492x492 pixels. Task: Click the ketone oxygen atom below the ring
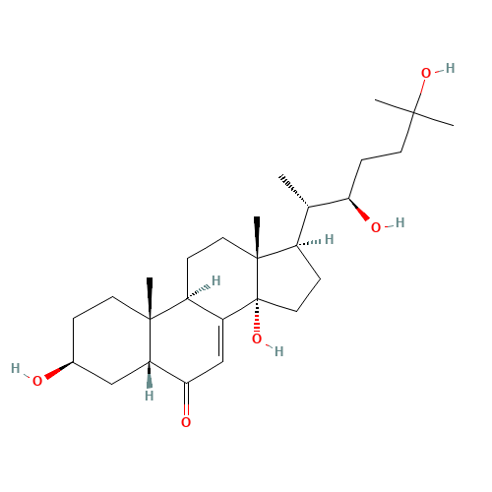coord(186,422)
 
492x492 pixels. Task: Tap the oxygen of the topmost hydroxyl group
coord(426,73)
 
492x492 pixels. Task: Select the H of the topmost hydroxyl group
coord(450,68)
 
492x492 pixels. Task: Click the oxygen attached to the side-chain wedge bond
coord(376,227)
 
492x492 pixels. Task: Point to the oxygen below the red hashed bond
coord(257,338)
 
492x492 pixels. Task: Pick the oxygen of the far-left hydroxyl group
coord(37,381)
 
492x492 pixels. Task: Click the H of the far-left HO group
coord(16,368)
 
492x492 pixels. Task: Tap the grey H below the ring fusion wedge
coord(150,396)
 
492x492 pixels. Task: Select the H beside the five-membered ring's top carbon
coord(329,240)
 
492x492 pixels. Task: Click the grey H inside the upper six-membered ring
coord(215,281)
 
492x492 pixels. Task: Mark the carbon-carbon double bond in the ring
coord(221,340)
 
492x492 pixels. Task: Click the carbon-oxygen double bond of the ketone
coord(186,399)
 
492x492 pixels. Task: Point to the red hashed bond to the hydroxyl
coord(257,316)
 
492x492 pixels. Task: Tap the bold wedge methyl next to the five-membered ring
coord(257,237)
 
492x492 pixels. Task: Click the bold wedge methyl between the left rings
coord(150,298)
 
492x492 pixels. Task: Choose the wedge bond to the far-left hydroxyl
coord(59,370)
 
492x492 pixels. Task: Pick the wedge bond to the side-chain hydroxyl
coord(359,210)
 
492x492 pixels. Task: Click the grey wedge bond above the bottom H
coord(150,375)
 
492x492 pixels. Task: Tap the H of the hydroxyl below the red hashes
coord(278,351)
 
